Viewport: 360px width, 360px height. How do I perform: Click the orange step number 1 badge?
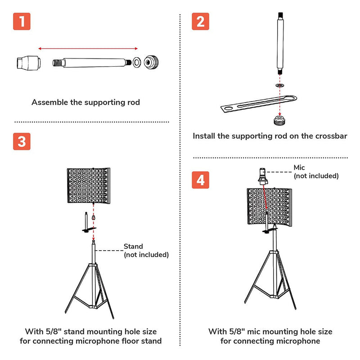22,22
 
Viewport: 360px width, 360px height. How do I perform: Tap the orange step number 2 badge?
200,22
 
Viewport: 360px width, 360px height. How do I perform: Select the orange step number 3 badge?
22,141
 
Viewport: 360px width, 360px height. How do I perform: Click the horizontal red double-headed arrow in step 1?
88,48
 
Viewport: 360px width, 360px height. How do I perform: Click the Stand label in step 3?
133,247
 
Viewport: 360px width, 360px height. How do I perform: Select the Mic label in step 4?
299,168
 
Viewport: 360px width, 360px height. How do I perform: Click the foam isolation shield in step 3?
89,185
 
